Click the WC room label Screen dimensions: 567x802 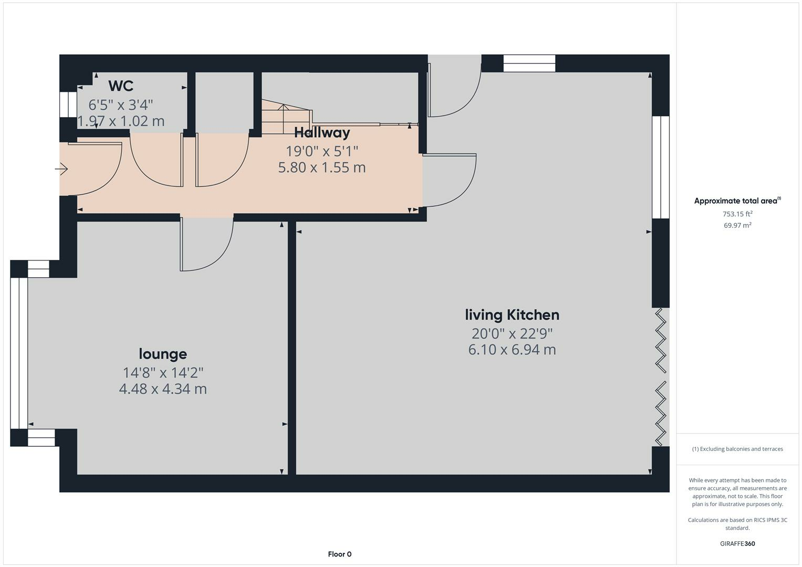121,86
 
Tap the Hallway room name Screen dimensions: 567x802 321,132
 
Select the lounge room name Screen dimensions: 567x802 163,354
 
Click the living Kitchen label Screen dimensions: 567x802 512,315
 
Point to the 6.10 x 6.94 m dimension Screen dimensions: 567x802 512,350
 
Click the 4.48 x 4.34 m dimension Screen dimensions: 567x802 163,389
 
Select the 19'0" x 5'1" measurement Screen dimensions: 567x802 321,151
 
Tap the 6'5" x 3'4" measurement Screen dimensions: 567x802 121,104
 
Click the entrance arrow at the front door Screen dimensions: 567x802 61,169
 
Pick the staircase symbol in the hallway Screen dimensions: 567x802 286,117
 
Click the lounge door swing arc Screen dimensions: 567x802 210,247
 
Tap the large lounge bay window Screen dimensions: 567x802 19,353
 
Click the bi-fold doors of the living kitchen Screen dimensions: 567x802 661,377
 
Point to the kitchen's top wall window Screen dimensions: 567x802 529,64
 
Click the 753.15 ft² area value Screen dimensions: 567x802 737,214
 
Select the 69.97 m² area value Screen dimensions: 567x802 737,225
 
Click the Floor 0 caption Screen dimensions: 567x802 339,554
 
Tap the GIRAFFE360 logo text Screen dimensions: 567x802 737,543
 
